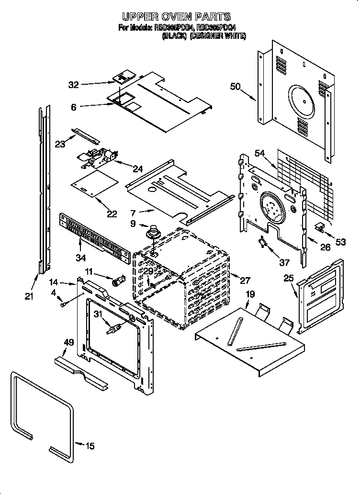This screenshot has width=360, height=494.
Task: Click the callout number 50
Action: coord(235,87)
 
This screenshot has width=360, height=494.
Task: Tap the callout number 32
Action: coord(73,85)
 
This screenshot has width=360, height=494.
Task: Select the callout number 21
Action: coord(29,297)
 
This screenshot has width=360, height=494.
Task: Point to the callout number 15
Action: coord(90,446)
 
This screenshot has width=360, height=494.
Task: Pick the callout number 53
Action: coord(340,242)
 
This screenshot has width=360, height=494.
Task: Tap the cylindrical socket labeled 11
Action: coord(117,281)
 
